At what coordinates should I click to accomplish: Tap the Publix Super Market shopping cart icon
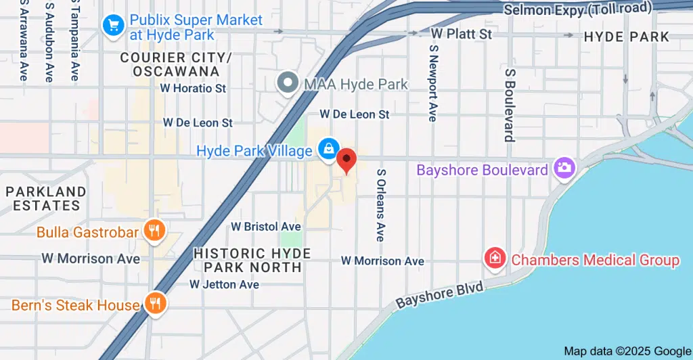[x=112, y=26]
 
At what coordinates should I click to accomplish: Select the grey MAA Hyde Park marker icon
[x=288, y=84]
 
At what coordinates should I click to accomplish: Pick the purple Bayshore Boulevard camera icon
[x=563, y=168]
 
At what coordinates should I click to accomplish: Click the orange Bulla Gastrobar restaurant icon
[x=155, y=231]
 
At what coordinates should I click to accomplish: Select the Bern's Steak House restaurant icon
[x=156, y=304]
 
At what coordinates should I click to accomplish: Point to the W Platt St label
[x=462, y=33]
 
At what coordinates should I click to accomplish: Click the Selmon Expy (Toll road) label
[x=577, y=9]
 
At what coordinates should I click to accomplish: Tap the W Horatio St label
[x=193, y=88]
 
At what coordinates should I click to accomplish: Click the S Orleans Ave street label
[x=380, y=205]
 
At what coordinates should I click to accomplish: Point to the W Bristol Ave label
[x=266, y=226]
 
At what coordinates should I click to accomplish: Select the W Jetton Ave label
[x=224, y=285]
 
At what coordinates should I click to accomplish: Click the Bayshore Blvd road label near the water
[x=440, y=295]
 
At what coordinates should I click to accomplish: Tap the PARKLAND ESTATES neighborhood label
[x=46, y=199]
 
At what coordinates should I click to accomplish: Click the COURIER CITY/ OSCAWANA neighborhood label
[x=176, y=64]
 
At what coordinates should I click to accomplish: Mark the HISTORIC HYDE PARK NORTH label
[x=252, y=261]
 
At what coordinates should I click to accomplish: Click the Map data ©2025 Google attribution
[x=627, y=351]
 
